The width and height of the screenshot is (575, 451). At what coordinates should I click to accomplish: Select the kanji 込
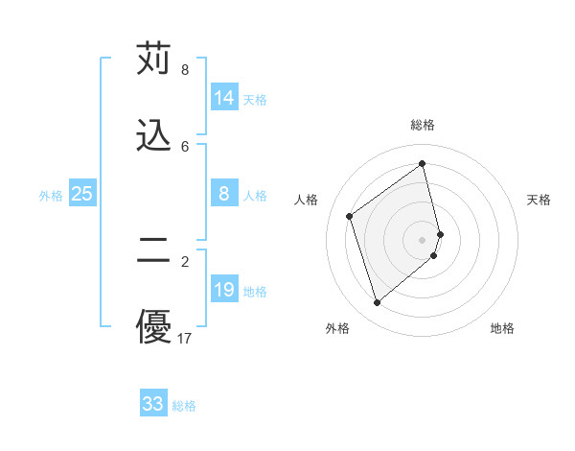click(x=153, y=135)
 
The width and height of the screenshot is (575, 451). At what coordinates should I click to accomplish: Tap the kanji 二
click(x=153, y=250)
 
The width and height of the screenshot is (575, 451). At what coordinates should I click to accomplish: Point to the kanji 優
click(x=153, y=326)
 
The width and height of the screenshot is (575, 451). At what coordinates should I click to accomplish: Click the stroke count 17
click(x=185, y=338)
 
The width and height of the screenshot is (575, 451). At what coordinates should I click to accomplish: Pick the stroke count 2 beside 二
click(x=185, y=261)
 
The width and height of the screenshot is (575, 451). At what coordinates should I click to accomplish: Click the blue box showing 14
click(x=224, y=98)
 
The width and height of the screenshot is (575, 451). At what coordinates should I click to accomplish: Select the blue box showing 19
click(x=224, y=290)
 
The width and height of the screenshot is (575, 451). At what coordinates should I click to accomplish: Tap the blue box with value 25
click(x=82, y=194)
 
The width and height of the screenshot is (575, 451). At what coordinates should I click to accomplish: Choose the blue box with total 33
click(x=153, y=404)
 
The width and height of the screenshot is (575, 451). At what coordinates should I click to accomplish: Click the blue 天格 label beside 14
click(x=255, y=100)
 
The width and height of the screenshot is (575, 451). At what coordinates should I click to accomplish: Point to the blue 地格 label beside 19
click(x=255, y=292)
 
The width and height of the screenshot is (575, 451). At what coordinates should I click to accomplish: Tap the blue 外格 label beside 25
click(x=51, y=196)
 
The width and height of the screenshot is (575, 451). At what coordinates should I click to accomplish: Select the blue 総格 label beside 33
click(x=184, y=406)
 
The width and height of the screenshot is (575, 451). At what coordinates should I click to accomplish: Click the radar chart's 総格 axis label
click(x=423, y=125)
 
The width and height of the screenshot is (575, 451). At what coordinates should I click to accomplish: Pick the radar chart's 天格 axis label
click(x=540, y=200)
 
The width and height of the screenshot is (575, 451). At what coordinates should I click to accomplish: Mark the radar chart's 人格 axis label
click(x=307, y=200)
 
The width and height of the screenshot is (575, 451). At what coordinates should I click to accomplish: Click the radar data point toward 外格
click(x=377, y=303)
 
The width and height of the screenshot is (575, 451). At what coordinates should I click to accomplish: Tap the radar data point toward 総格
click(x=423, y=163)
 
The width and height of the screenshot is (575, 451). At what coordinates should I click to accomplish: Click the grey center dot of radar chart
click(x=423, y=238)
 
